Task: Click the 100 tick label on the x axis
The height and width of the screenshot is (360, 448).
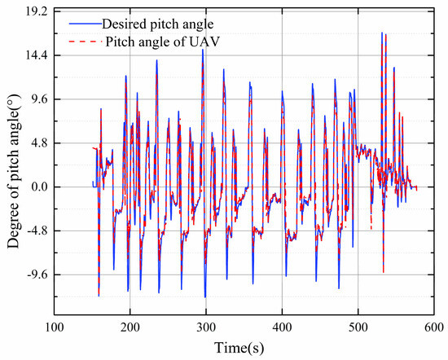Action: click(54, 327)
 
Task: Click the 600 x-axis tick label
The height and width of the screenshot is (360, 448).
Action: click(433, 327)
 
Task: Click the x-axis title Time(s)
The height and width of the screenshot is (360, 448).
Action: click(244, 348)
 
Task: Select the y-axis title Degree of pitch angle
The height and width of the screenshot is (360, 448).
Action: click(11, 163)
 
